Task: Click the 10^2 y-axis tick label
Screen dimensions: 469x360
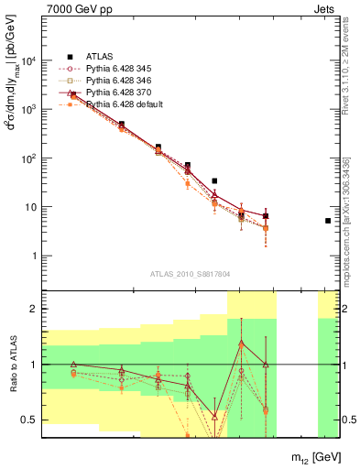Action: [x=27, y=158]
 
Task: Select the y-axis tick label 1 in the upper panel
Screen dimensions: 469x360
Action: [x=32, y=256]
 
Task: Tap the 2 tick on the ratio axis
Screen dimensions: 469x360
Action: [x=33, y=310]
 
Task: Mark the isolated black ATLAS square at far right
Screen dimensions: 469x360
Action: [x=328, y=221]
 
